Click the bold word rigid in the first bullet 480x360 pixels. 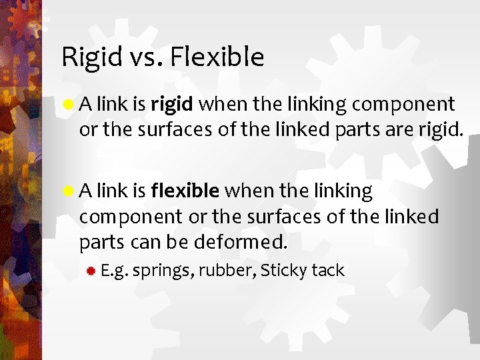172,105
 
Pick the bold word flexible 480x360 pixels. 185,192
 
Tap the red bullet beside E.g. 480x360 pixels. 90,271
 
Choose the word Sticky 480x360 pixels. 283,271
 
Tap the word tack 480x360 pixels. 327,271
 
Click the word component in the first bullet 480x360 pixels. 403,105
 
